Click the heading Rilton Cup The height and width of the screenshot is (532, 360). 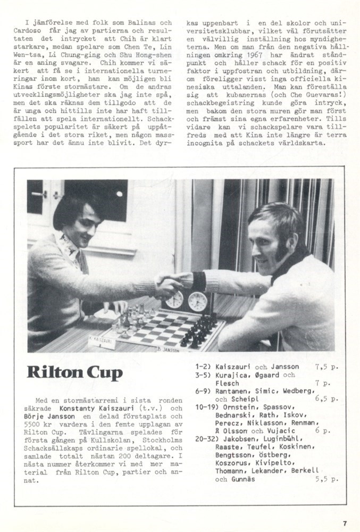pyautogui.click(x=75, y=372)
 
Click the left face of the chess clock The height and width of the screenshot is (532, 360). pyautogui.click(x=174, y=300)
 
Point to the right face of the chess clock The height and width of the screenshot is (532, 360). pyautogui.click(x=197, y=301)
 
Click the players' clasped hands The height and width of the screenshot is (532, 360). pyautogui.click(x=178, y=281)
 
